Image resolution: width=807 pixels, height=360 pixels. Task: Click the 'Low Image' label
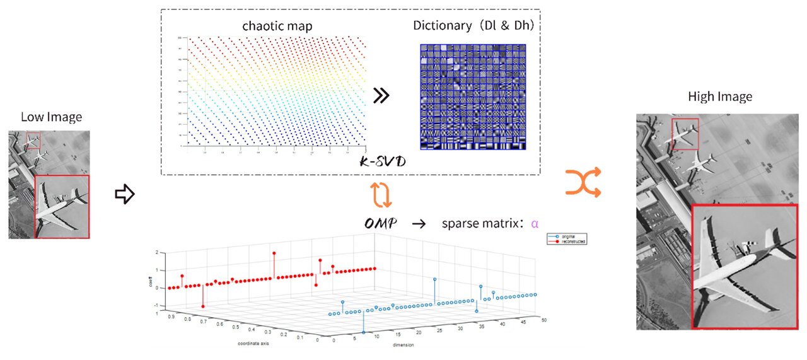pyautogui.click(x=51, y=117)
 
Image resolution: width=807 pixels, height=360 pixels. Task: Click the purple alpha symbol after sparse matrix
pyautogui.click(x=535, y=224)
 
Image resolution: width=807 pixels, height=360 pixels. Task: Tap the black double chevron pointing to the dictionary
pyautogui.click(x=382, y=96)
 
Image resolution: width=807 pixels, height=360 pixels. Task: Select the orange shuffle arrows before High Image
pyautogui.click(x=583, y=183)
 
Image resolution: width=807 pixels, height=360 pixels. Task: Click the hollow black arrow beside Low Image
pyautogui.click(x=125, y=195)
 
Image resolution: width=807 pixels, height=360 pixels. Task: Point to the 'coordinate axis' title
pyautogui.click(x=258, y=344)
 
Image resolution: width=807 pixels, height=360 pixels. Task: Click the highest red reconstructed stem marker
pyautogui.click(x=274, y=253)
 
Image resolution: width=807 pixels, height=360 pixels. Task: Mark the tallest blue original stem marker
pyautogui.click(x=434, y=279)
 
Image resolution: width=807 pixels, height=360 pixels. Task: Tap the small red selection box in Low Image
pyautogui.click(x=33, y=140)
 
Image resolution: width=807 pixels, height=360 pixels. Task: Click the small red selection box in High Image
pyautogui.click(x=685, y=134)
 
